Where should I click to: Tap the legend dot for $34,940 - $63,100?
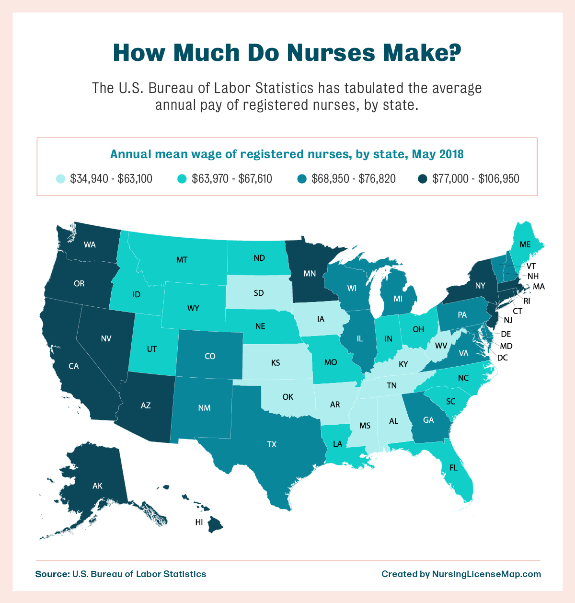[60, 179]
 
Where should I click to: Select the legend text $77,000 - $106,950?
[475, 179]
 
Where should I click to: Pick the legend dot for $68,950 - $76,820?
[302, 179]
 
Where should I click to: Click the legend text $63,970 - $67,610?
[232, 179]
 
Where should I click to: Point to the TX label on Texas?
[272, 444]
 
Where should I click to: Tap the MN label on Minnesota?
[310, 274]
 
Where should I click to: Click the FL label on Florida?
[453, 467]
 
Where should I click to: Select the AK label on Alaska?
[97, 486]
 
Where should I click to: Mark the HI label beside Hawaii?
[199, 522]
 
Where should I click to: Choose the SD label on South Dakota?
[259, 293]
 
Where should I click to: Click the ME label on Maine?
[525, 244]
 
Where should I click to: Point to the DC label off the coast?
[502, 358]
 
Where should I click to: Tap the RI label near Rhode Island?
[527, 301]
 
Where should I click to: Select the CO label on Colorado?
[210, 356]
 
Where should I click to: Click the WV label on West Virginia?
[441, 346]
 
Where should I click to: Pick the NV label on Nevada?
[106, 338]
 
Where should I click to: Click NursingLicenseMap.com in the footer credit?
[486, 574]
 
